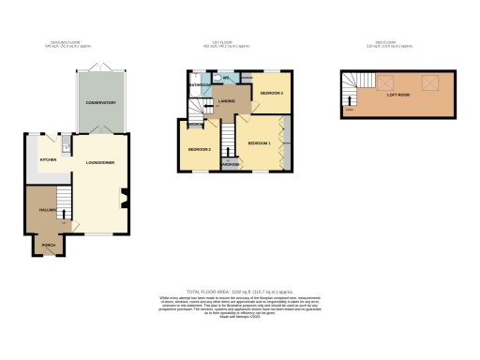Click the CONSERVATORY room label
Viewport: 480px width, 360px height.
[x=100, y=102]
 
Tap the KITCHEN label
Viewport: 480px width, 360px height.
[x=49, y=160]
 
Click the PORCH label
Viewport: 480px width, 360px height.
[x=48, y=245]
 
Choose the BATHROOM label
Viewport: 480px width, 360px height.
[x=199, y=85]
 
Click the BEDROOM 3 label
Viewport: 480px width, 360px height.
[x=272, y=94]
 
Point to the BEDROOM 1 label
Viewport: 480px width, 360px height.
[x=259, y=142]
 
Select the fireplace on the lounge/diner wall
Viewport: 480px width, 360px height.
[x=124, y=198]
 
